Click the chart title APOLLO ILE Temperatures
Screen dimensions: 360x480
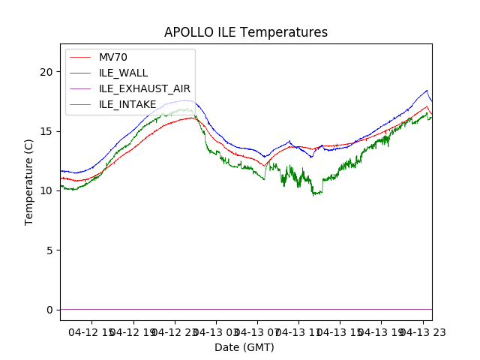click(x=246, y=32)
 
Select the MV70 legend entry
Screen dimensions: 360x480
click(x=112, y=57)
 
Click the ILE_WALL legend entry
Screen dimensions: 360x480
click(x=123, y=73)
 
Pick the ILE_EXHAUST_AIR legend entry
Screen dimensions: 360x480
click(x=144, y=88)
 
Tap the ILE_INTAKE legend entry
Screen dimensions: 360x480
click(x=127, y=104)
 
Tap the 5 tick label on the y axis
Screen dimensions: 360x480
click(x=50, y=250)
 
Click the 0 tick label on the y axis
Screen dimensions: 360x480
click(x=50, y=309)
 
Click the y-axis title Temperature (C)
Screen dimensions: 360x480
click(x=29, y=181)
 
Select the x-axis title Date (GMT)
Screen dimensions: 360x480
click(x=244, y=347)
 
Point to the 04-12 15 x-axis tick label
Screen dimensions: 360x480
click(x=91, y=331)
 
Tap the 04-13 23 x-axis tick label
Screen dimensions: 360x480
click(x=421, y=331)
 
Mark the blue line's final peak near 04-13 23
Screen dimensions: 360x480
click(x=427, y=91)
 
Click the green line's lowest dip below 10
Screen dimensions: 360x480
click(x=315, y=194)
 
